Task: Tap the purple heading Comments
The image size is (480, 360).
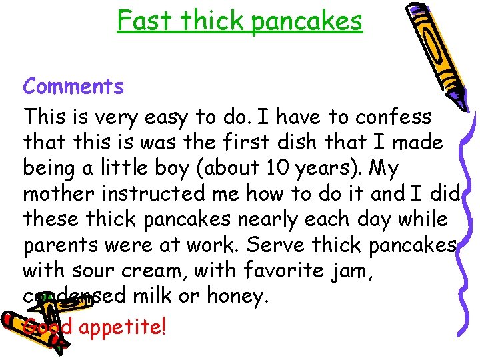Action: click(x=73, y=87)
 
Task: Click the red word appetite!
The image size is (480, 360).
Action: click(x=122, y=328)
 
